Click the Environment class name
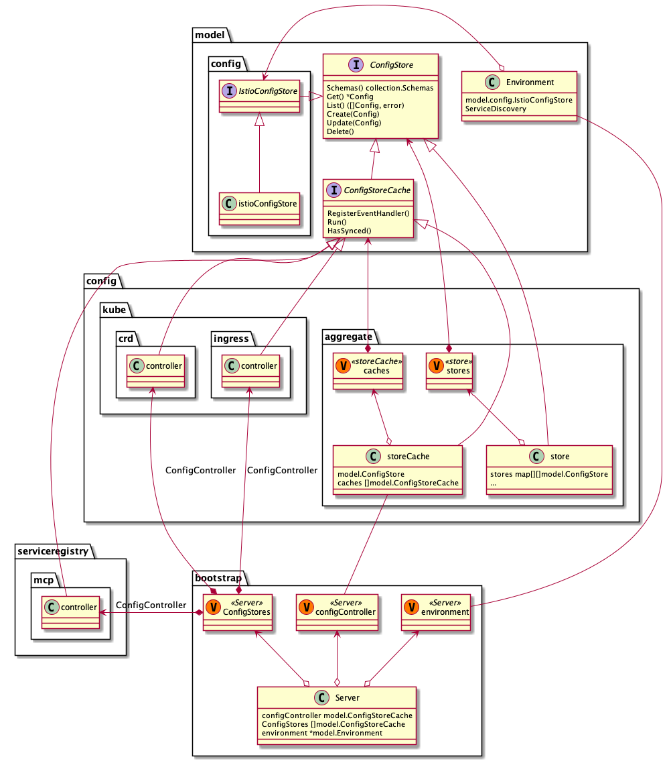[x=530, y=82]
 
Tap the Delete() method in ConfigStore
[x=340, y=132]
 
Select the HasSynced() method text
[x=349, y=231]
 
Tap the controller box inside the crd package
[x=155, y=370]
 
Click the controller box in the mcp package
[x=70, y=611]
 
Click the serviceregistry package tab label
[x=52, y=550]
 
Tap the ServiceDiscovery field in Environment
[x=496, y=109]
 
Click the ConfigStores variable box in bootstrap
[x=238, y=611]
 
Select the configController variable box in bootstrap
[x=337, y=611]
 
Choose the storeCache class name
[x=408, y=457]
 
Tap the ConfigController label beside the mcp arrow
[x=151, y=605]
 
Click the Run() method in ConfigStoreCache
[x=336, y=222]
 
